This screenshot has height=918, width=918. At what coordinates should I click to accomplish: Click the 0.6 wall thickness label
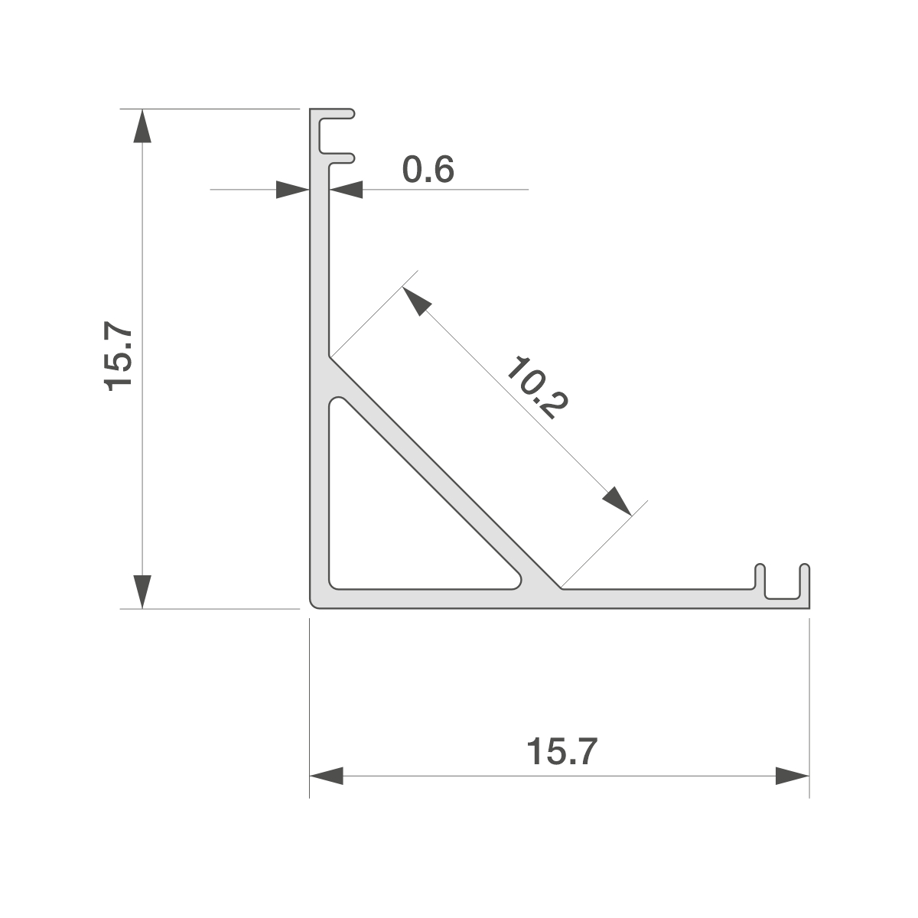click(428, 170)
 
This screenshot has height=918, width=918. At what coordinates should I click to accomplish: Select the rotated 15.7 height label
click(118, 359)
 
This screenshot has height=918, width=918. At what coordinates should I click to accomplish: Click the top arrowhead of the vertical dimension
click(142, 125)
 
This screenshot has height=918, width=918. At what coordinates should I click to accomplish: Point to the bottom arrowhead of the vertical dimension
click(142, 591)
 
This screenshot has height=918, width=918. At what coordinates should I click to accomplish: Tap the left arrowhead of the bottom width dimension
click(327, 776)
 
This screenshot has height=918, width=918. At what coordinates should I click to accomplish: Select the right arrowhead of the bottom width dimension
click(793, 776)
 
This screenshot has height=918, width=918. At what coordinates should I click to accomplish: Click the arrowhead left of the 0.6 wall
click(292, 190)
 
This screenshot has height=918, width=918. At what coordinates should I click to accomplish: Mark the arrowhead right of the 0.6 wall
click(347, 190)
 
